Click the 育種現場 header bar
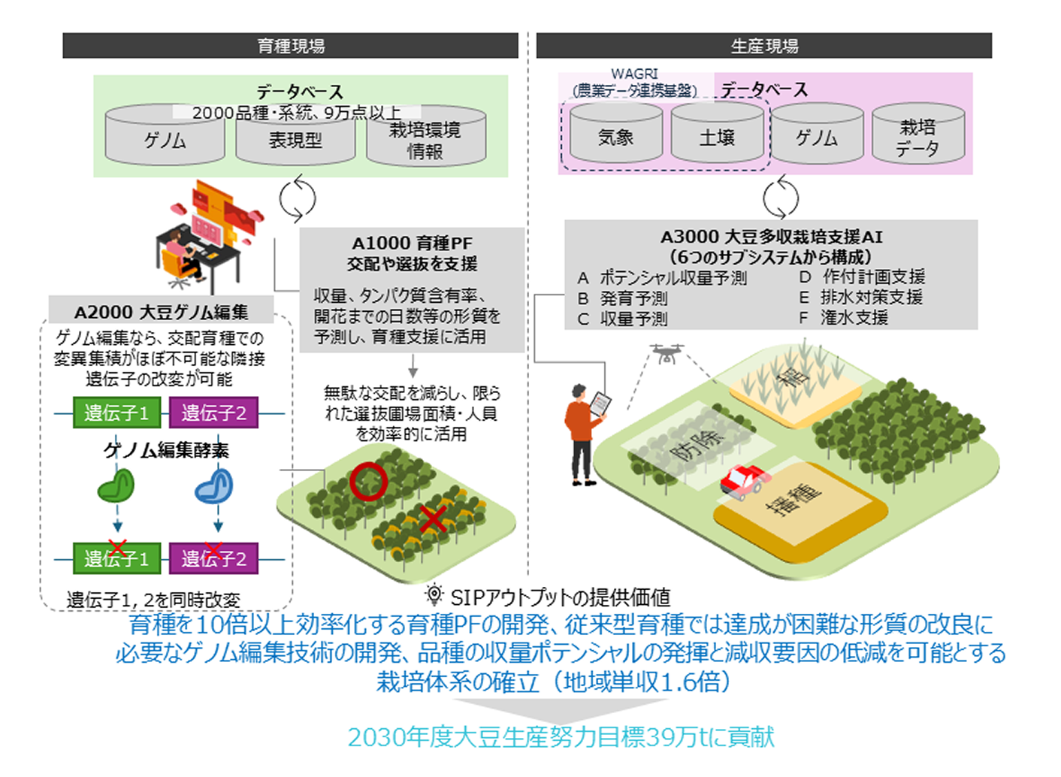click(x=290, y=46)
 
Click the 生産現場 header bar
click(x=763, y=46)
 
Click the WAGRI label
click(x=633, y=74)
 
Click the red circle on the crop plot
click(x=368, y=481)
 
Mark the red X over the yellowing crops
click(x=434, y=519)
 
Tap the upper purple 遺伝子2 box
click(x=213, y=413)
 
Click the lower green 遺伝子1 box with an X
click(x=116, y=558)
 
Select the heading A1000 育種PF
click(x=412, y=243)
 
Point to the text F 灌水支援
click(x=844, y=318)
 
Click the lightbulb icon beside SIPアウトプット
click(x=434, y=594)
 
